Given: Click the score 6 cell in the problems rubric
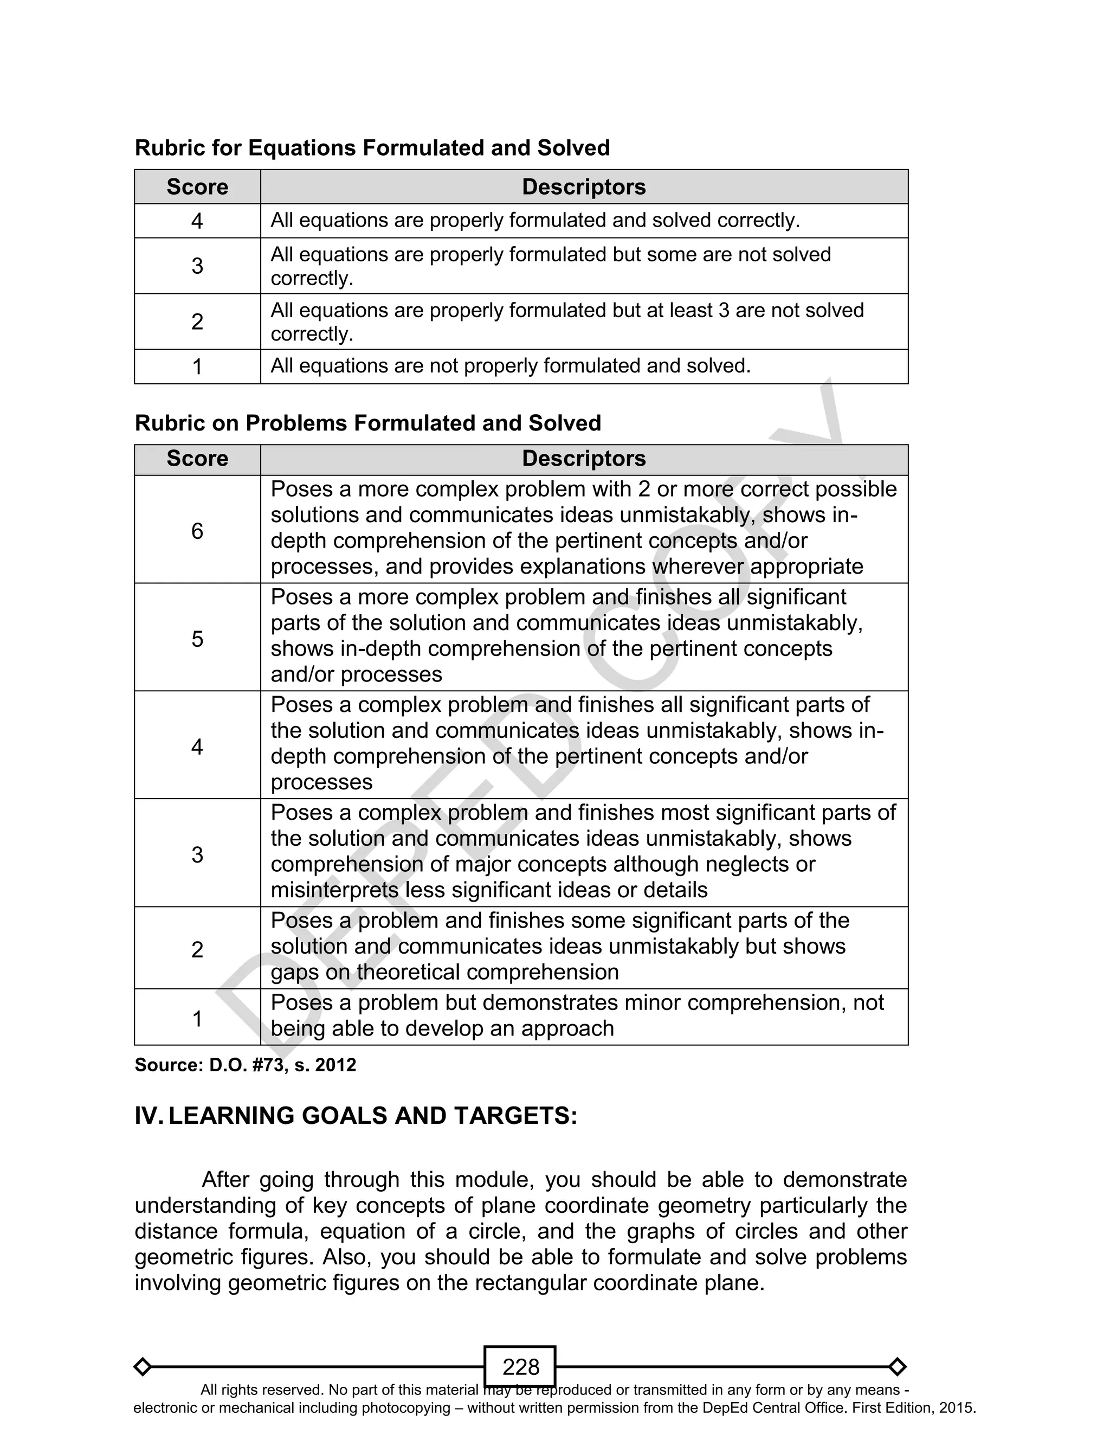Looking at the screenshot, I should (x=197, y=531).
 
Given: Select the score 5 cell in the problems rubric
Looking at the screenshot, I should (x=197, y=638).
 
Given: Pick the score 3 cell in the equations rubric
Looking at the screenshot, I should (x=197, y=266).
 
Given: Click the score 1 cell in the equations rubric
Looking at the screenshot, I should (x=197, y=366).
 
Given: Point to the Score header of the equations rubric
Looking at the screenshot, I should (x=197, y=187).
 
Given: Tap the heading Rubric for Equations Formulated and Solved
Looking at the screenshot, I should (x=372, y=147).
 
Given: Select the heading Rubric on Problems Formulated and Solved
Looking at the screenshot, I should (x=367, y=423).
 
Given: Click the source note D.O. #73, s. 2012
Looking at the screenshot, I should (x=245, y=1065).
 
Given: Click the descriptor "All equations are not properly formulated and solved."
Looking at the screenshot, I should (x=510, y=365).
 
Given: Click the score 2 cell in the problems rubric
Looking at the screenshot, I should (x=197, y=949).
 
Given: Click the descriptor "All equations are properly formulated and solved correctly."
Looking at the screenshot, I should (x=534, y=220).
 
